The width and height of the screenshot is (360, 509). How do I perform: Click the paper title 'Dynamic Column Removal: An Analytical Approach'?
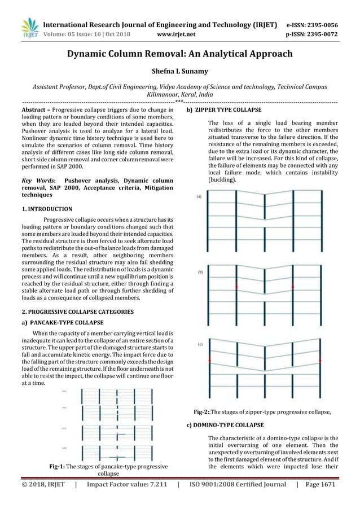pyautogui.click(x=180, y=54)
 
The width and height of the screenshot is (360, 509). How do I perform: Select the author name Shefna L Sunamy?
pyautogui.click(x=179, y=72)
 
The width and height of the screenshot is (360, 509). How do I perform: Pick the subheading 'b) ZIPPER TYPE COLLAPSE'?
pyautogui.click(x=224, y=109)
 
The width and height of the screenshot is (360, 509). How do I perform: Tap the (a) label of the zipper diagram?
pyautogui.click(x=199, y=196)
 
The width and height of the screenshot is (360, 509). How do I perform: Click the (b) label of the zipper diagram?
pyautogui.click(x=199, y=271)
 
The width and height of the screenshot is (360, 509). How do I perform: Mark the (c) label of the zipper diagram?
pyautogui.click(x=199, y=343)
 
